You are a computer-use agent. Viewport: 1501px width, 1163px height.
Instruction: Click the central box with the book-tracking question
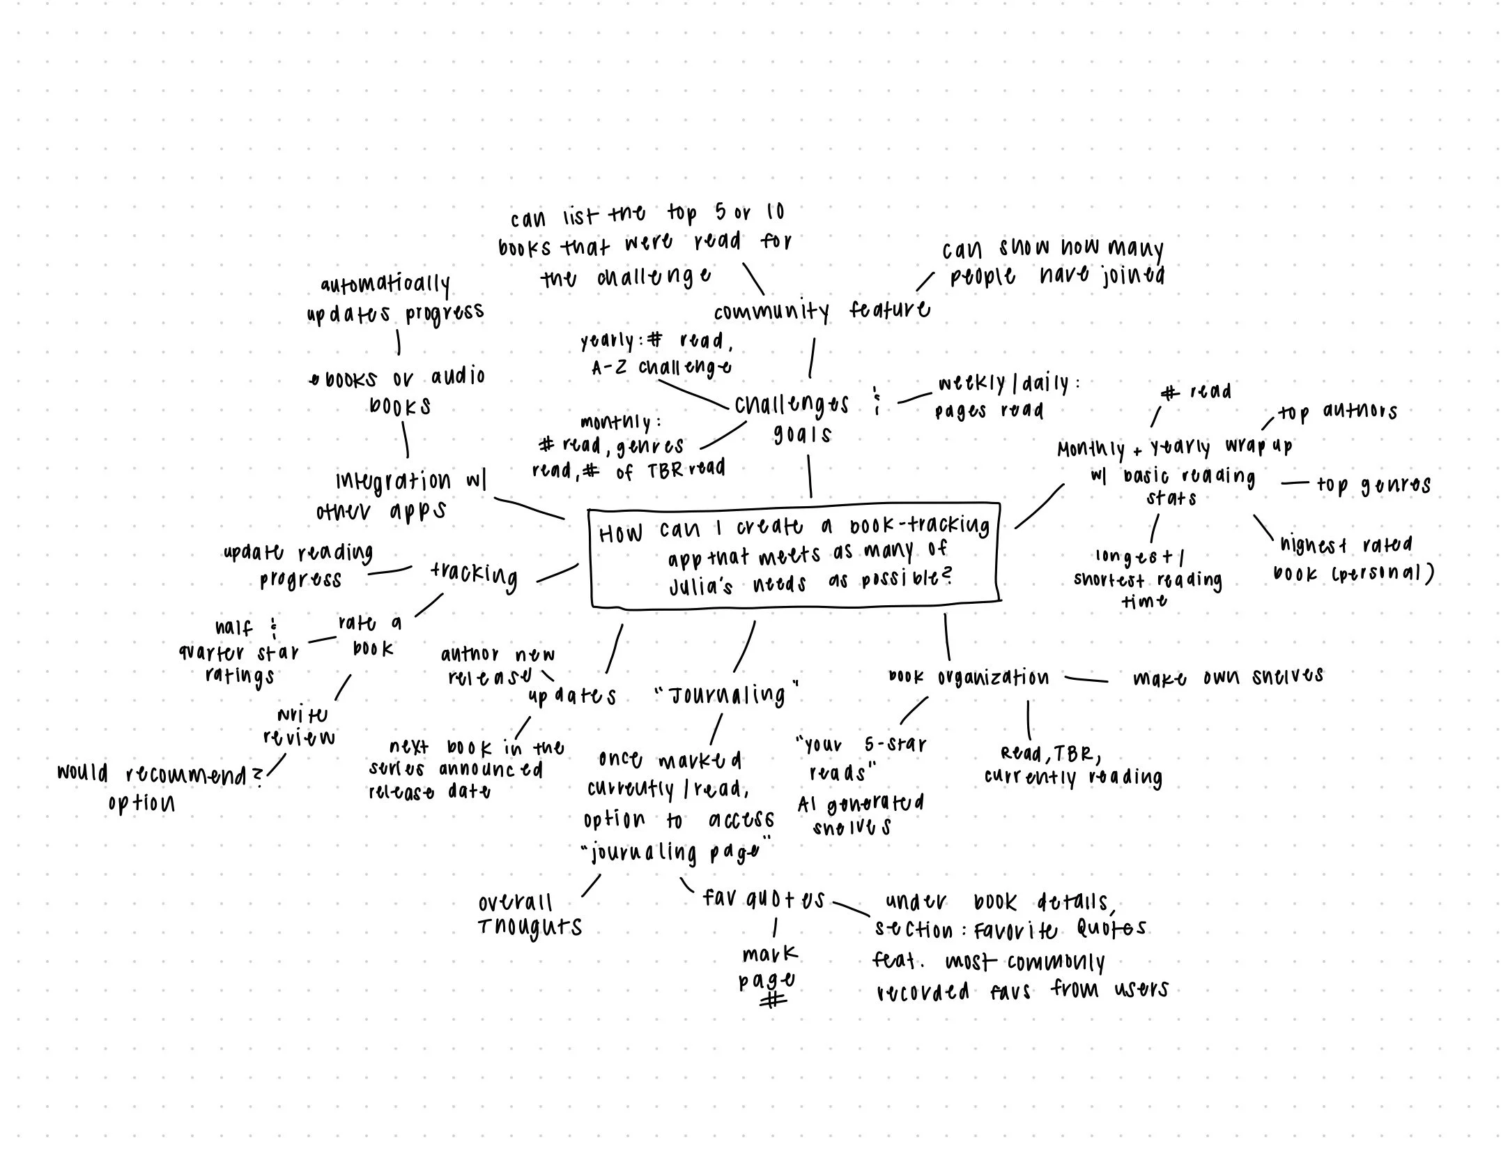(794, 555)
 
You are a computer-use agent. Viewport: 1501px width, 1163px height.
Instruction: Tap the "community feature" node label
(821, 311)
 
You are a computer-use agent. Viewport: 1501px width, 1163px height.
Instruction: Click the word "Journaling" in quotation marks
(727, 694)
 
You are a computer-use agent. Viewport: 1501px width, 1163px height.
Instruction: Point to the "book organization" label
(968, 678)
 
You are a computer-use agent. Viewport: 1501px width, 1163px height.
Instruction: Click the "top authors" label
(1337, 413)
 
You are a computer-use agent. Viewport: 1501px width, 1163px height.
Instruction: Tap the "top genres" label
(1373, 485)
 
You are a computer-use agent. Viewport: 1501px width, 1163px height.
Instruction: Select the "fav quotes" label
(764, 899)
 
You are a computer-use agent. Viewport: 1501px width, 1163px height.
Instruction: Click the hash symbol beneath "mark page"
(773, 1001)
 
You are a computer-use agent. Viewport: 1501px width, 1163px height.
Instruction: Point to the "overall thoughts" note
(530, 915)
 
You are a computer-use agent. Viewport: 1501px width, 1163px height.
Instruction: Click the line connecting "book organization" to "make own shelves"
(1086, 679)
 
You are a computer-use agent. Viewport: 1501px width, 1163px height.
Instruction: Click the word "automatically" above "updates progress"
(385, 284)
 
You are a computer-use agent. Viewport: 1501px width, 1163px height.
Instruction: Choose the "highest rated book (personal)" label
(1352, 559)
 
